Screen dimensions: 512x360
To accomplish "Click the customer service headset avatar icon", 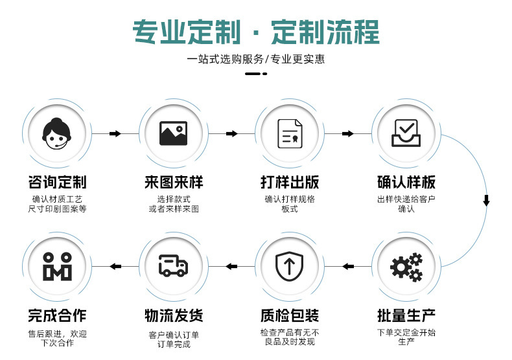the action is (57, 133).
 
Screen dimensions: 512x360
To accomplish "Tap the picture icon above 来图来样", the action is (173, 133).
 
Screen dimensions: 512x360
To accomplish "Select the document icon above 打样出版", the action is (290, 133).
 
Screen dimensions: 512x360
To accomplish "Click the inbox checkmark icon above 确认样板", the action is (406, 133).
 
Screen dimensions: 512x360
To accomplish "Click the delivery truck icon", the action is (173, 265).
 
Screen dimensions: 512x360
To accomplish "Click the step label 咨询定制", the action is (57, 182).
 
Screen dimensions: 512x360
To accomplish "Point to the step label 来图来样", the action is (173, 182).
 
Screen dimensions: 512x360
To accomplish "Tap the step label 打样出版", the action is (290, 182).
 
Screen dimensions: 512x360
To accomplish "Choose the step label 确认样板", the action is (406, 182).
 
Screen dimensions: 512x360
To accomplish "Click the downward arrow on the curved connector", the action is (486, 201).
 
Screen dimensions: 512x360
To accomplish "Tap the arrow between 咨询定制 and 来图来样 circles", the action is (115, 133).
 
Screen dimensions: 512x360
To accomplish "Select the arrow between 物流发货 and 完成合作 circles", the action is (115, 266).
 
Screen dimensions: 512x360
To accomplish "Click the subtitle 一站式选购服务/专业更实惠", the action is (255, 59).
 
